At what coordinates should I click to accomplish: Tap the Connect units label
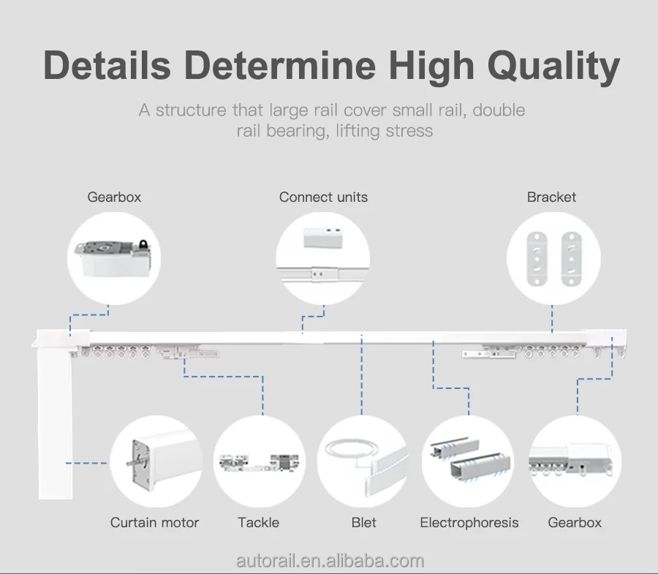click(x=323, y=197)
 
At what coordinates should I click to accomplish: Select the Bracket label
click(x=551, y=197)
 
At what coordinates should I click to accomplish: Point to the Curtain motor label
click(x=154, y=522)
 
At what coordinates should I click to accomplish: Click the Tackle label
click(x=258, y=522)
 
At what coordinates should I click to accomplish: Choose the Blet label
click(x=363, y=522)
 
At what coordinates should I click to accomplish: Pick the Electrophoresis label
click(x=469, y=522)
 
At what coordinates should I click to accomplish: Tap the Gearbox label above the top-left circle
click(x=114, y=197)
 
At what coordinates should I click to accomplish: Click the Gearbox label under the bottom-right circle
click(x=575, y=522)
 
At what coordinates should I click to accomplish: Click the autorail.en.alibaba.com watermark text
click(x=330, y=561)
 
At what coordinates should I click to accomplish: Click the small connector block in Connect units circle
click(x=322, y=236)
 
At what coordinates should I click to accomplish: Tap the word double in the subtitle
click(x=499, y=110)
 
